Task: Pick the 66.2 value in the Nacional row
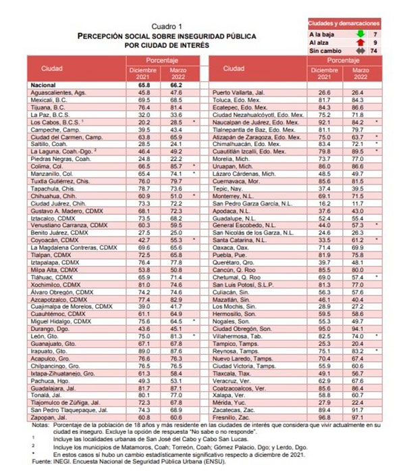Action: coord(177,86)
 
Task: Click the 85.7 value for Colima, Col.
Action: coord(177,166)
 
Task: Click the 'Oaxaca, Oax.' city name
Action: coord(232,248)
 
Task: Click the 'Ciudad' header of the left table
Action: coord(51,69)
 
